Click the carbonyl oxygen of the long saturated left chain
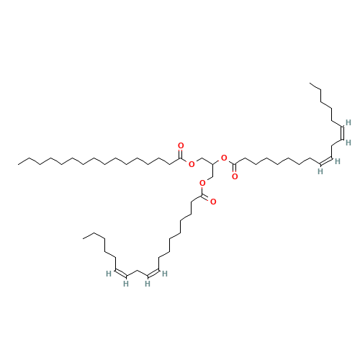tap(181, 145)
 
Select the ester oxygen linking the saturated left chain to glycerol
tap(192, 164)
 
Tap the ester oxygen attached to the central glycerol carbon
tap(224, 158)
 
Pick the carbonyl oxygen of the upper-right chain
tap(235, 177)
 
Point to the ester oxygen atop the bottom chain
tap(202, 184)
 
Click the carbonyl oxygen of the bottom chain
tap(213, 202)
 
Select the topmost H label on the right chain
tap(348, 122)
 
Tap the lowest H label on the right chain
tap(320, 171)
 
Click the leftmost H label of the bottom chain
tap(109, 274)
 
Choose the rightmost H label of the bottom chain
tap(165, 274)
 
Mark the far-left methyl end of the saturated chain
tap(18, 164)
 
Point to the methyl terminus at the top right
tap(310, 84)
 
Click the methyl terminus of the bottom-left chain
tap(83, 238)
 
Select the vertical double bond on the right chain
tap(343, 132)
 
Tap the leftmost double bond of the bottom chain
tap(121, 273)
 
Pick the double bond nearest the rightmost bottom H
tap(153, 273)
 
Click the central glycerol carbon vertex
tap(212, 164)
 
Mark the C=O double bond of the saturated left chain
tap(181, 154)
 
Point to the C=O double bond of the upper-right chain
tap(235, 168)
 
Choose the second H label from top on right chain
tap(348, 143)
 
